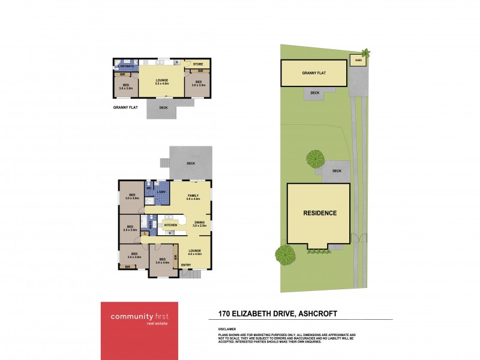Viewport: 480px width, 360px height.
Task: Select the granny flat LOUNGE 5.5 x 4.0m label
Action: click(161, 82)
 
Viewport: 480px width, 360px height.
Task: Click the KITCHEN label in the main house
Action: click(170, 225)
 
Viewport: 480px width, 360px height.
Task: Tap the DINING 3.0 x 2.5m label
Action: click(199, 224)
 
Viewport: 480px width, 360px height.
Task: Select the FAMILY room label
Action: click(193, 197)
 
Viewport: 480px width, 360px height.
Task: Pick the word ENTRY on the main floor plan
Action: click(186, 265)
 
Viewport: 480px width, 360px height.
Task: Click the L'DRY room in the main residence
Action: click(161, 191)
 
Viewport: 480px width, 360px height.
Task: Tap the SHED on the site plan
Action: click(358, 61)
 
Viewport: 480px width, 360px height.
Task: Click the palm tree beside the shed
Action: click(366, 53)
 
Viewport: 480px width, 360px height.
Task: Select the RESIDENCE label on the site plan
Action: click(319, 213)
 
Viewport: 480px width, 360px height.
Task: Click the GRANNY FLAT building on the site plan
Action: click(314, 73)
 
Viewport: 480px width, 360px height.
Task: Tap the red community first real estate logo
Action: click(139, 330)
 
